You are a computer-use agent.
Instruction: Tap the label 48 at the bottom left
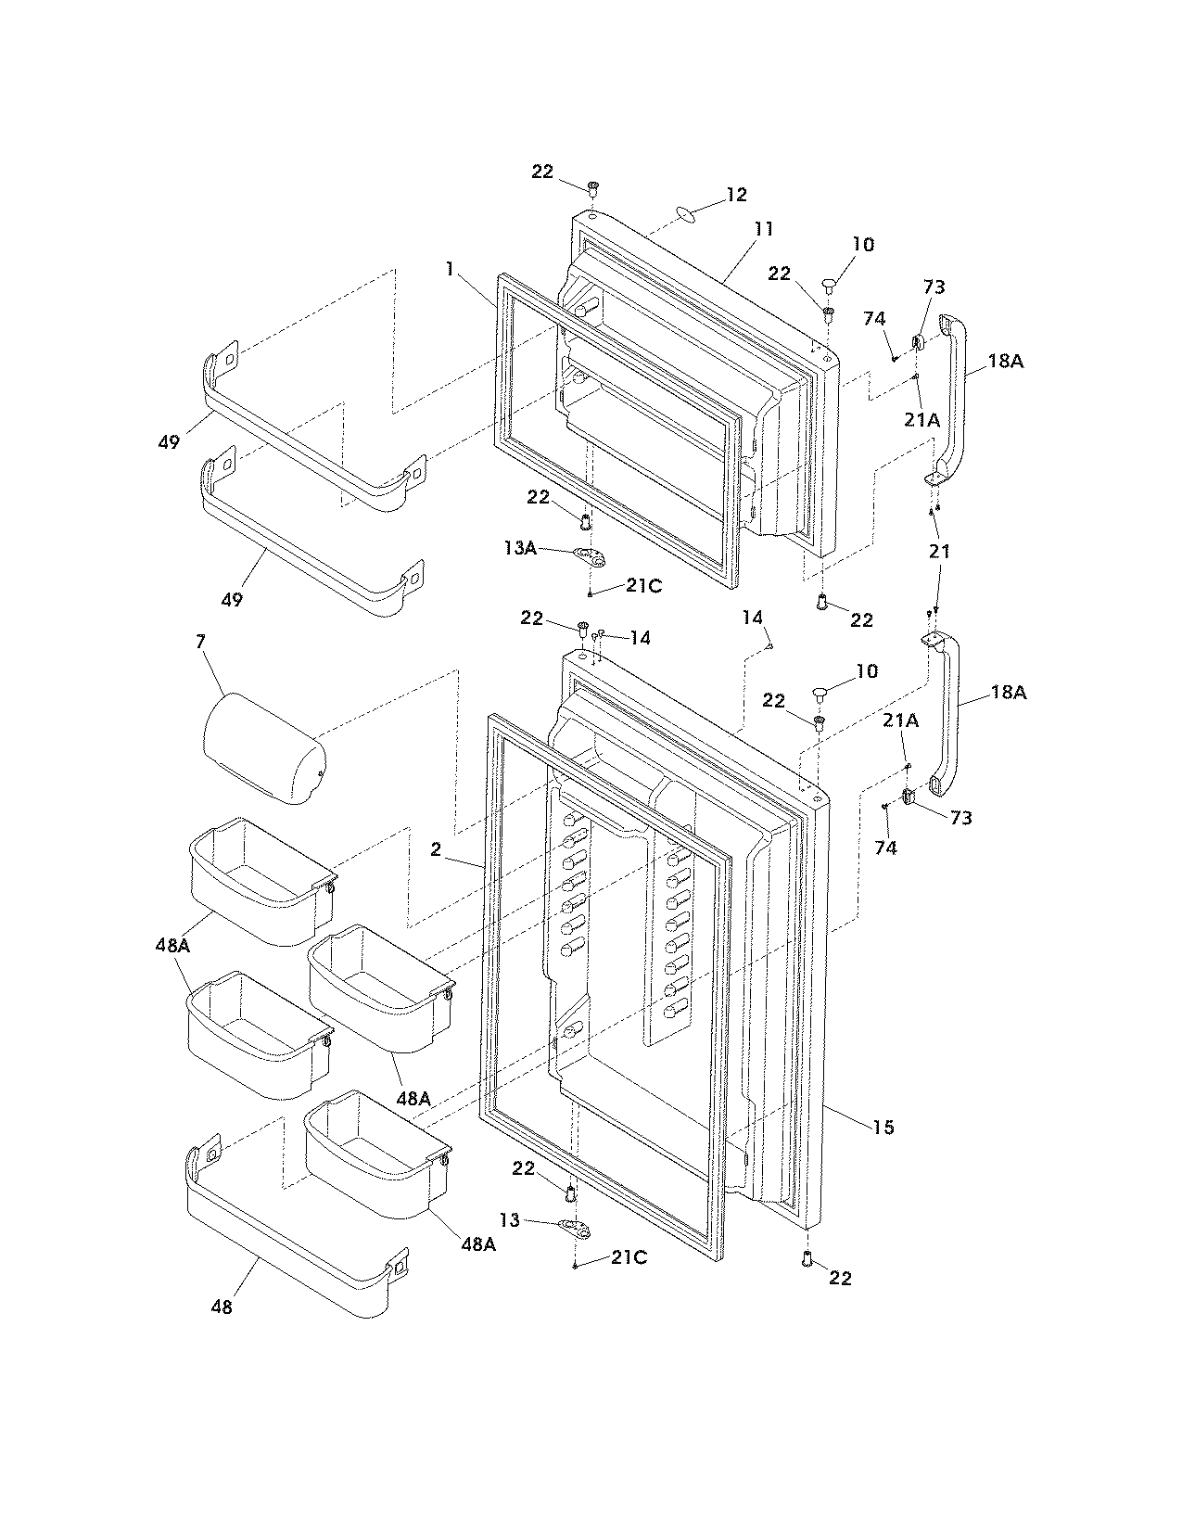pos(222,1307)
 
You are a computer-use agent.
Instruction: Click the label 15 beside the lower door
pos(883,1127)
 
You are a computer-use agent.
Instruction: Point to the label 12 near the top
pos(736,195)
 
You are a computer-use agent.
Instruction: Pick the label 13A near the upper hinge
pos(520,548)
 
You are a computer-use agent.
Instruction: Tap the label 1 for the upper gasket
pos(450,269)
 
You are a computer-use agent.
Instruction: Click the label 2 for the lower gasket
pos(435,849)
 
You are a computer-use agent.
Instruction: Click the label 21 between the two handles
pos(941,551)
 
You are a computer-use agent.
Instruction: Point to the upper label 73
pos(934,287)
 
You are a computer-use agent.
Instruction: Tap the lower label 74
pos(885,848)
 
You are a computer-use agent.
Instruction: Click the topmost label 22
pos(542,172)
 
